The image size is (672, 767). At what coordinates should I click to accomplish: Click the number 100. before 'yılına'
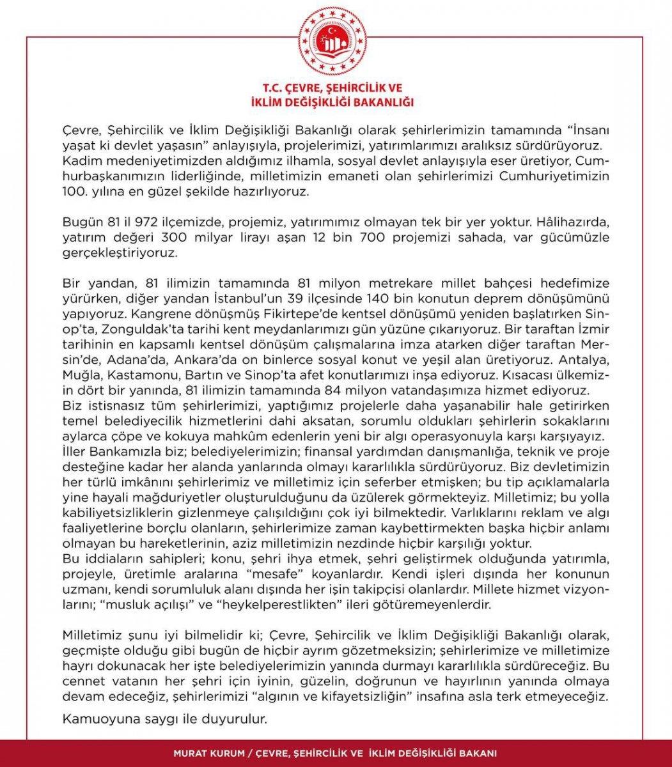coord(75,190)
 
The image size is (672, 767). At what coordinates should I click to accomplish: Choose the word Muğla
coord(81,375)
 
